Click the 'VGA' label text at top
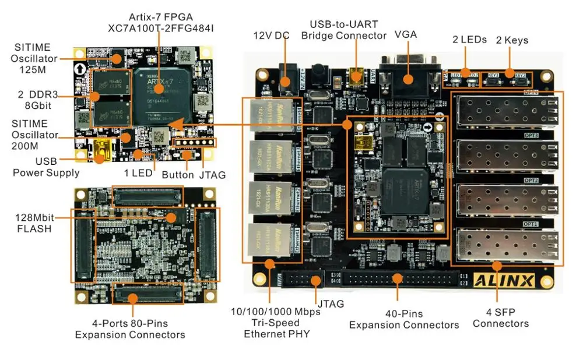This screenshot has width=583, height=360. pyautogui.click(x=406, y=34)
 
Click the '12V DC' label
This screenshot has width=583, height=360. pyautogui.click(x=271, y=35)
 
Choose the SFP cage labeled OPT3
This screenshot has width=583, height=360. pyautogui.click(x=503, y=154)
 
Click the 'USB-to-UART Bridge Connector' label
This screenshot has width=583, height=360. pyautogui.click(x=343, y=30)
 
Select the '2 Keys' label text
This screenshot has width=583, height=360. pyautogui.click(x=512, y=40)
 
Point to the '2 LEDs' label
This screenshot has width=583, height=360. pyautogui.click(x=469, y=40)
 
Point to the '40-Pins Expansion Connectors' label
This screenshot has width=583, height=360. pyautogui.click(x=404, y=319)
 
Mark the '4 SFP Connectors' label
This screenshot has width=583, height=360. pyautogui.click(x=500, y=317)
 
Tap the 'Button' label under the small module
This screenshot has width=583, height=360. pyautogui.click(x=177, y=174)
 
